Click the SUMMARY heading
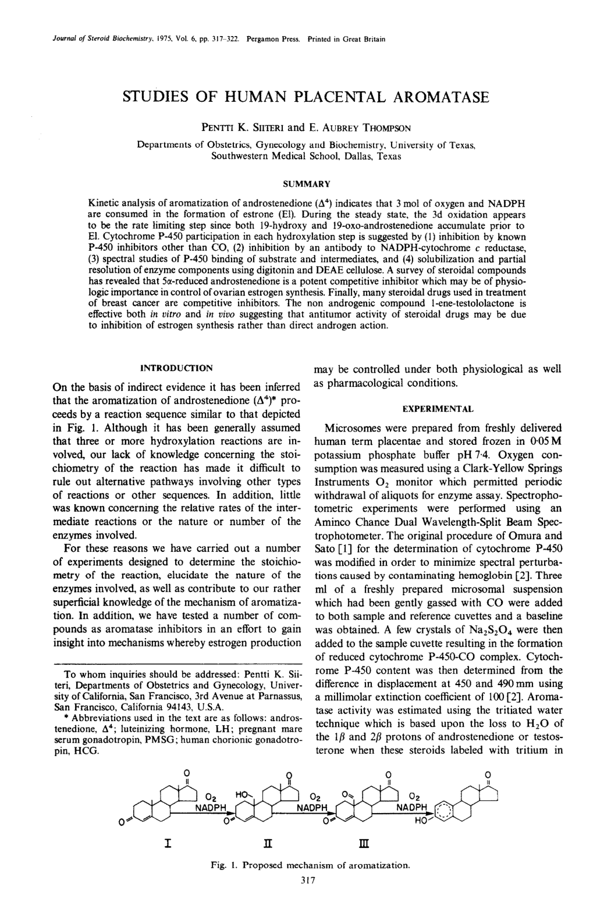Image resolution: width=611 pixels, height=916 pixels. pyautogui.click(x=306, y=184)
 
